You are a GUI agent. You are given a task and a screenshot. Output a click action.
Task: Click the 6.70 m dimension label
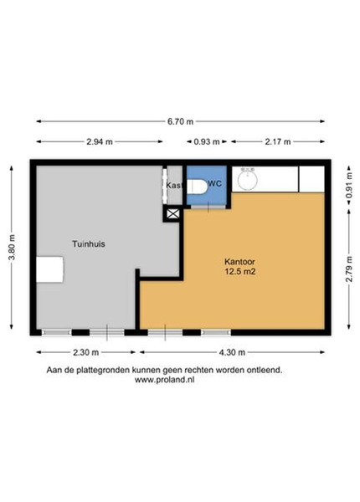(x=181, y=121)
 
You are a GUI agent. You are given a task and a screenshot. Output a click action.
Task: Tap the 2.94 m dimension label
(x=100, y=141)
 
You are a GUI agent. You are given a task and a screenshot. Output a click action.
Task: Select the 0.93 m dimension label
(x=207, y=141)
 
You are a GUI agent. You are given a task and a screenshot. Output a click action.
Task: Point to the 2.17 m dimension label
(x=278, y=141)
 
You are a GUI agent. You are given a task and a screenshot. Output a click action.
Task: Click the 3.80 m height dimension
(x=12, y=248)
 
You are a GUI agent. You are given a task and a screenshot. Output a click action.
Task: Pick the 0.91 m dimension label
(x=349, y=186)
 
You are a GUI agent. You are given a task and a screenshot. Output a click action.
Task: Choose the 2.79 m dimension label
(x=349, y=269)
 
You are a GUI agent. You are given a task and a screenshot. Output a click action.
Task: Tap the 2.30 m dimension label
(x=86, y=352)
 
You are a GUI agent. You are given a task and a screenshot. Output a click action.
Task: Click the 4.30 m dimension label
(x=232, y=352)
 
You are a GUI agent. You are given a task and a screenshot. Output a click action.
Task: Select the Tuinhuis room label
(x=89, y=244)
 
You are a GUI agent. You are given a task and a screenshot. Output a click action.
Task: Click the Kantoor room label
(x=239, y=262)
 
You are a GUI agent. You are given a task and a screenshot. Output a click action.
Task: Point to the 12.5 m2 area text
(x=239, y=272)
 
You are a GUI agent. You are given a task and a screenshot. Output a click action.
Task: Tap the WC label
(x=214, y=184)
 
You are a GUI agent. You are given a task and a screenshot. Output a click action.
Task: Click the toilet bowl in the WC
(x=197, y=187)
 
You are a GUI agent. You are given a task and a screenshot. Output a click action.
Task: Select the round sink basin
(x=248, y=179)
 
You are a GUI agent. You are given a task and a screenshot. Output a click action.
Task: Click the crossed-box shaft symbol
(x=173, y=213)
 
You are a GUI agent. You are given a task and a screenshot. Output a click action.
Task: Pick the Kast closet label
(x=174, y=186)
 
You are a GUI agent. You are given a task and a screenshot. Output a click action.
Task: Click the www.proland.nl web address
(x=164, y=380)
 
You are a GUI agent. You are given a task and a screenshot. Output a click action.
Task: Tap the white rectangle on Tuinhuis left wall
(x=49, y=269)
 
